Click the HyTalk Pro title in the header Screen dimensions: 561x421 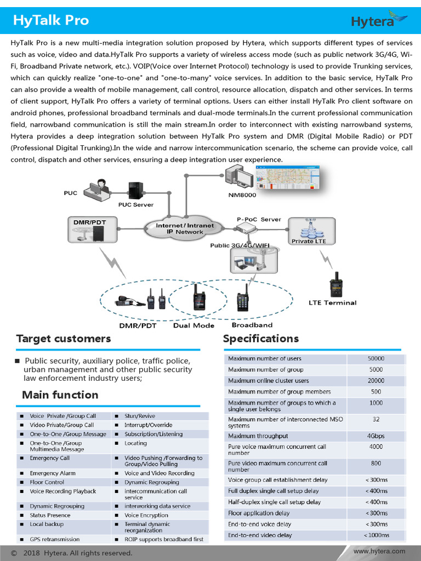[x=50, y=21]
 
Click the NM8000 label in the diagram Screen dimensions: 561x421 [x=242, y=194]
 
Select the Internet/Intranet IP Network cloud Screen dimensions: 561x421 [x=185, y=228]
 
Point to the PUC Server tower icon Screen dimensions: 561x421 [x=135, y=190]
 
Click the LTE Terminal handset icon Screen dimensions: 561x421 [x=335, y=284]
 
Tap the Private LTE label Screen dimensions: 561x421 [x=309, y=241]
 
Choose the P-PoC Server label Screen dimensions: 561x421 [x=259, y=219]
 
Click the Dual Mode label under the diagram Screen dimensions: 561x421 [x=194, y=325]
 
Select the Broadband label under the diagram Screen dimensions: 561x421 [x=252, y=325]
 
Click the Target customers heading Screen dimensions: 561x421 [x=64, y=339]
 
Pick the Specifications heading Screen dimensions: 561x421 [x=261, y=339]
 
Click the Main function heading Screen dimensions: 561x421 [x=60, y=395]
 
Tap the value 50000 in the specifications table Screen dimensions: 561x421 [x=376, y=359]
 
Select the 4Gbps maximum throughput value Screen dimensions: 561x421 [x=376, y=436]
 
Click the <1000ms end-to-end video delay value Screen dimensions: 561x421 [x=376, y=535]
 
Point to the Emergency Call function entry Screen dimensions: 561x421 [x=50, y=458]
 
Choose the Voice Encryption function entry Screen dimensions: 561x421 [x=146, y=515]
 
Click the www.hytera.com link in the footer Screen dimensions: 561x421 [x=379, y=551]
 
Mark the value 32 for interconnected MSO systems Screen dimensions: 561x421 [x=376, y=420]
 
